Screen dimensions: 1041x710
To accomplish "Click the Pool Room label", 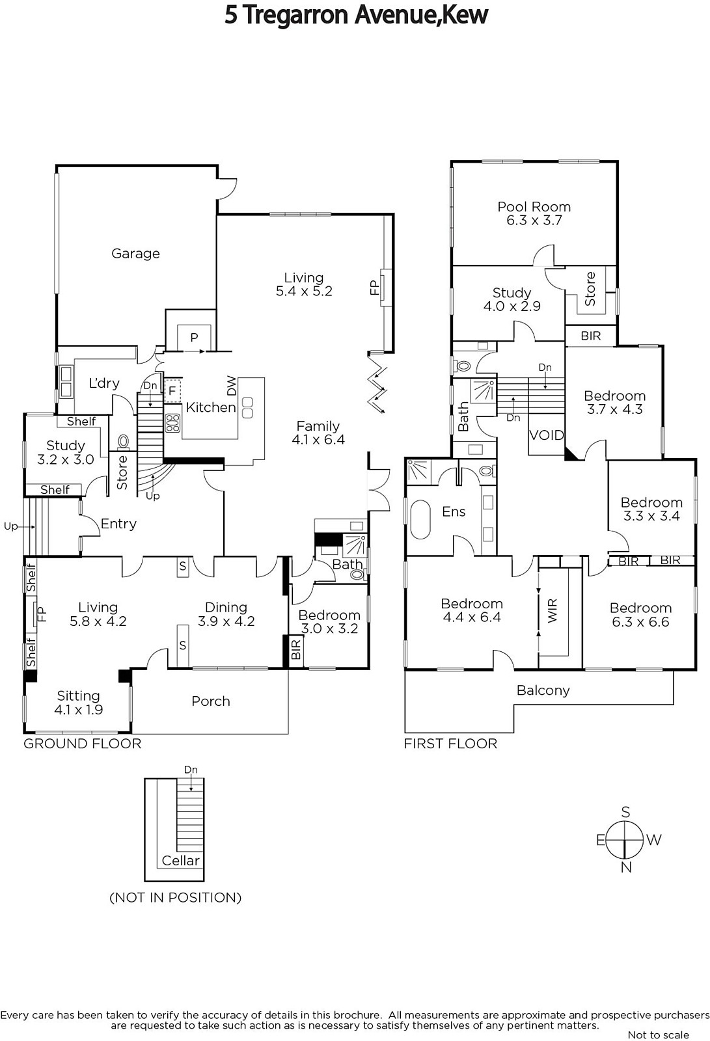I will tap(534, 207).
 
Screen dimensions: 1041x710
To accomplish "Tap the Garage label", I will tap(135, 254).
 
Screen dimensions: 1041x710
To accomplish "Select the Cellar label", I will tap(180, 861).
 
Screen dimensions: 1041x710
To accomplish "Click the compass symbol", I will tap(625, 839).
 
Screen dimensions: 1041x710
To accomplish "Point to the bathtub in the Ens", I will tap(420, 519).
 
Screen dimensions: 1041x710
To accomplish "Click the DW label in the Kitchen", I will tap(232, 386).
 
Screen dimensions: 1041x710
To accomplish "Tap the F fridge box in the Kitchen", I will tap(172, 391).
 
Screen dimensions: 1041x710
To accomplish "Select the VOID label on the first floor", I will tap(547, 435).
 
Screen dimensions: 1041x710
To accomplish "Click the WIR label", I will tap(553, 610).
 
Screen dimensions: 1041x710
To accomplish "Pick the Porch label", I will tap(211, 701).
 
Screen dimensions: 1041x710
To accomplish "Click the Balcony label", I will tap(543, 690).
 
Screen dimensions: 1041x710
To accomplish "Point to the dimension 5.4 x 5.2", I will tap(304, 291).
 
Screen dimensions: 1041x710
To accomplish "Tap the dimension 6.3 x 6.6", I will tap(640, 622).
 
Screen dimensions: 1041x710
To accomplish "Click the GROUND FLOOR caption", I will tap(82, 744).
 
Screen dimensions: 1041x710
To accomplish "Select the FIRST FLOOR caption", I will tap(450, 744).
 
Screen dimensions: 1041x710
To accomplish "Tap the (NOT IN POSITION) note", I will tap(175, 898).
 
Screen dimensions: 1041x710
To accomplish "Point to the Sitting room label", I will tap(78, 696).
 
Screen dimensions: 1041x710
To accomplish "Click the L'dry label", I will tap(104, 383).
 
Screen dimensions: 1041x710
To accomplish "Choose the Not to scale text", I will tap(658, 1035).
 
